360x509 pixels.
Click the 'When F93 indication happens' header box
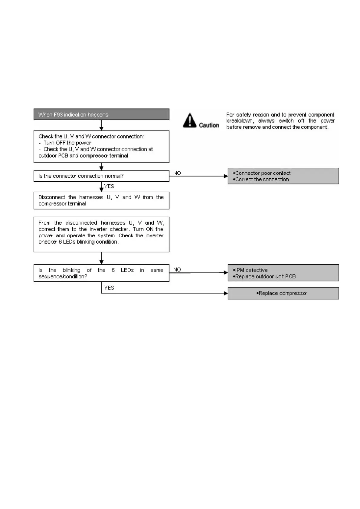[101, 115]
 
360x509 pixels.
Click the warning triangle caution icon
[190, 120]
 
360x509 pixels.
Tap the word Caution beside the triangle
[209, 125]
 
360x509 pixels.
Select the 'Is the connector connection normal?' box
[101, 176]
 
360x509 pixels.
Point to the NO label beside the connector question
[177, 173]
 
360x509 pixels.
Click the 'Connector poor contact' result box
[283, 176]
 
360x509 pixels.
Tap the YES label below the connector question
[109, 186]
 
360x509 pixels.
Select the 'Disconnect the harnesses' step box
[101, 200]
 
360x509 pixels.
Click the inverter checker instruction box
[101, 234]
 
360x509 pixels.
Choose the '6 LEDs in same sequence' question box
[101, 273]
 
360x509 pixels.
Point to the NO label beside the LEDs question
[177, 270]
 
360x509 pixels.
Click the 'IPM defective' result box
[283, 273]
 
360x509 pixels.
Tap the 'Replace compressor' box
[283, 293]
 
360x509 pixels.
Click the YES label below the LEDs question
[109, 288]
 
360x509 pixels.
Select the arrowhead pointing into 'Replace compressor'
[226, 293]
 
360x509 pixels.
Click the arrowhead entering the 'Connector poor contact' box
[226, 176]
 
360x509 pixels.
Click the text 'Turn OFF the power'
[67, 143]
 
